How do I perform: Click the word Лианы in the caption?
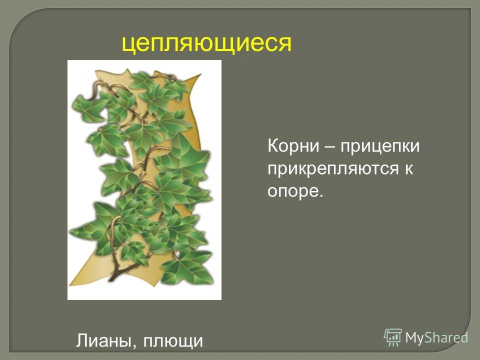[x=104, y=340]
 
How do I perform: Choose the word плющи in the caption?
[x=173, y=341]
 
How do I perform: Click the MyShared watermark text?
[x=437, y=338]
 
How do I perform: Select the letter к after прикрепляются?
[x=409, y=169]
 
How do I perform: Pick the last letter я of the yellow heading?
[x=285, y=44]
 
